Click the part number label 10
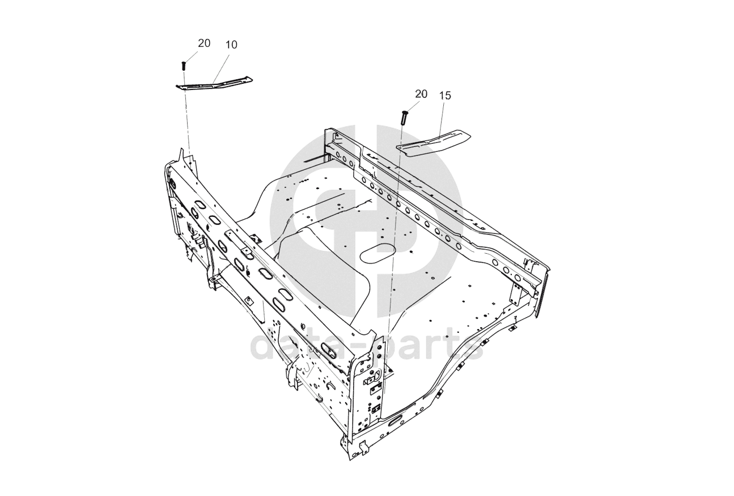(232, 45)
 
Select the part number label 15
(445, 96)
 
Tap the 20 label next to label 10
(204, 43)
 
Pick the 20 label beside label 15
(421, 95)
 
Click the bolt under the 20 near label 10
(184, 66)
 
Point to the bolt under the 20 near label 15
(404, 117)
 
